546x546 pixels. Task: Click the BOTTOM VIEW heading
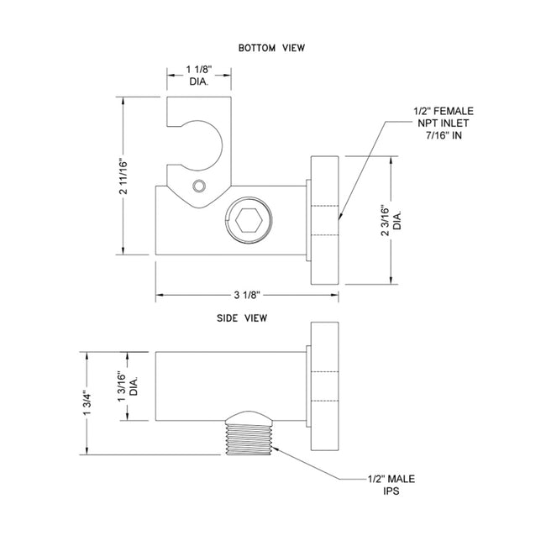pos(270,48)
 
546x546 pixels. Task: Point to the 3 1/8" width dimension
pos(247,295)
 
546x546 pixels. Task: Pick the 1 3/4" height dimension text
pos(90,402)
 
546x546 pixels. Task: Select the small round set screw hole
pos(199,186)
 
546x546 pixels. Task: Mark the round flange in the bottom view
pos(324,222)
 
